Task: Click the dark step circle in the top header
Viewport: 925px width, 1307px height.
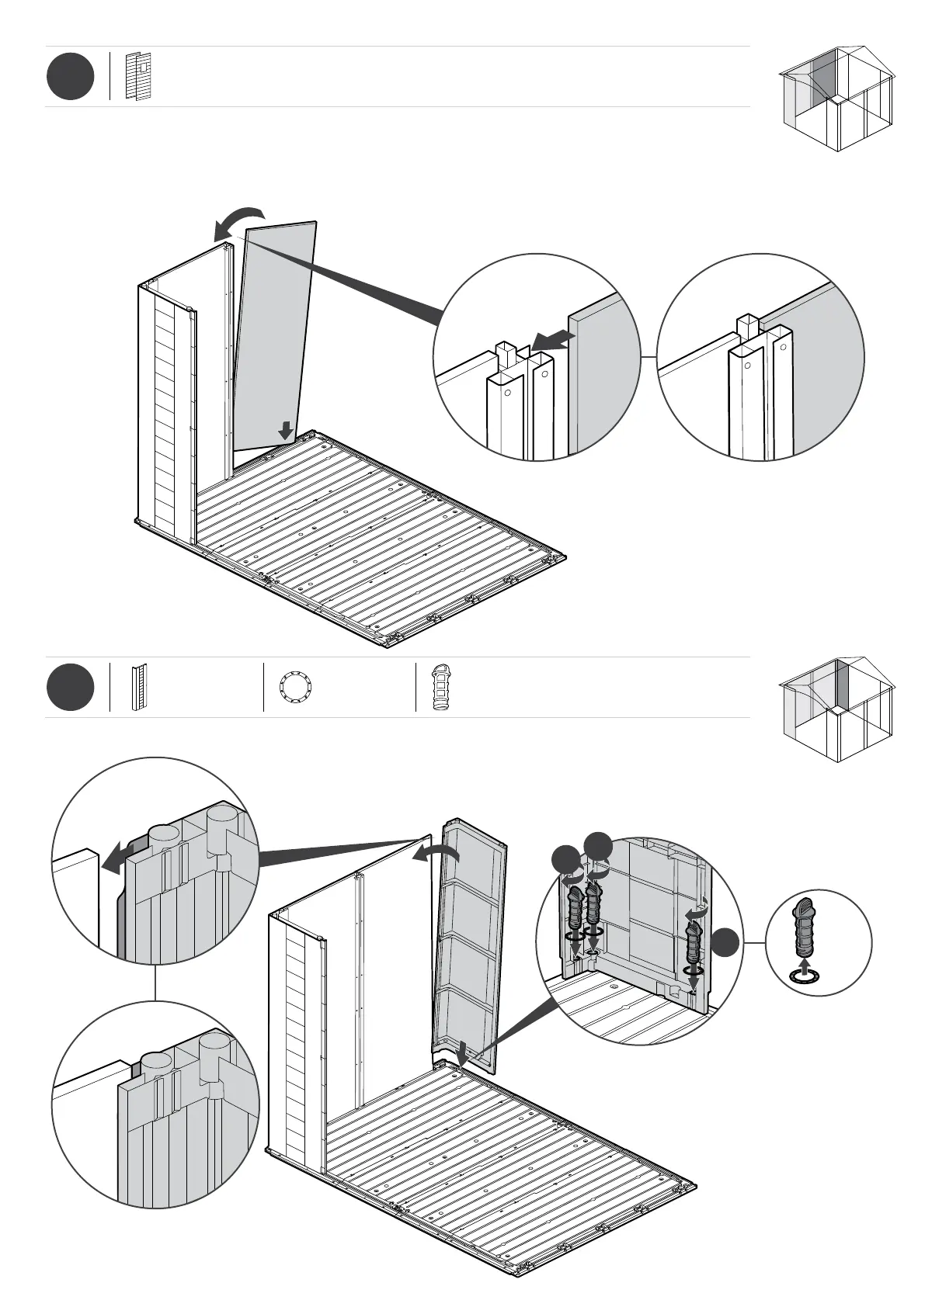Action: [70, 77]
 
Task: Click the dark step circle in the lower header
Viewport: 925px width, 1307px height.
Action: [70, 687]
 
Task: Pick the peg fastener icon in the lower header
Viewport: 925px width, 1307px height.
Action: [441, 687]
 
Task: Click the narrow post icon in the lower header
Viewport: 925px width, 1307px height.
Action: [139, 688]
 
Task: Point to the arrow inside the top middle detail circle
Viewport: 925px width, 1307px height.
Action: [552, 338]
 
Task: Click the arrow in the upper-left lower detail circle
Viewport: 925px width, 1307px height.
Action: [117, 857]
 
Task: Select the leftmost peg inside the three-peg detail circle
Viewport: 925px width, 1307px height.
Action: [576, 908]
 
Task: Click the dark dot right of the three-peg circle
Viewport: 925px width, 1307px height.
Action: [726, 941]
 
